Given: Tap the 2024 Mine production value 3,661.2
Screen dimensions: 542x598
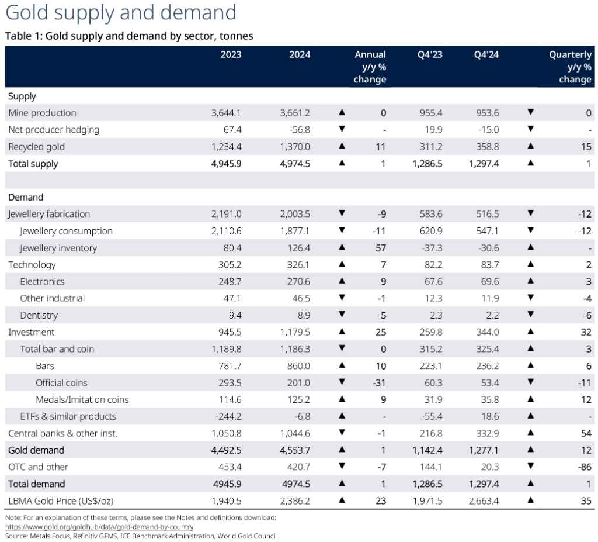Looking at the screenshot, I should tap(295, 113).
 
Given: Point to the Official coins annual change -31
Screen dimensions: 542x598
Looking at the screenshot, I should tap(377, 383).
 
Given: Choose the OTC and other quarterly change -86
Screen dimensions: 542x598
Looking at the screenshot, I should tap(585, 467).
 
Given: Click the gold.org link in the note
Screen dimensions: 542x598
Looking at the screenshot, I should tap(99, 527).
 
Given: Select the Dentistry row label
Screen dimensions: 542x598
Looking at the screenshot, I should tap(39, 315).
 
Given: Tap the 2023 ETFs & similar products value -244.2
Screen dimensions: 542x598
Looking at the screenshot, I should tap(227, 417).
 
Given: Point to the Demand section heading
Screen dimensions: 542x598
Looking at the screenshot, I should tap(26, 198).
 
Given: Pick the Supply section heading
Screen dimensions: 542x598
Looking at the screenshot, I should tap(22, 96).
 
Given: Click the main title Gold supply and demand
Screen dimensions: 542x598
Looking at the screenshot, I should tap(120, 13).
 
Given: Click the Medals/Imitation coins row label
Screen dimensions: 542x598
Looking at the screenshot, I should tap(82, 400).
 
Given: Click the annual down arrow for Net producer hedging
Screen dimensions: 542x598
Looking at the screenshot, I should tap(342, 129).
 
